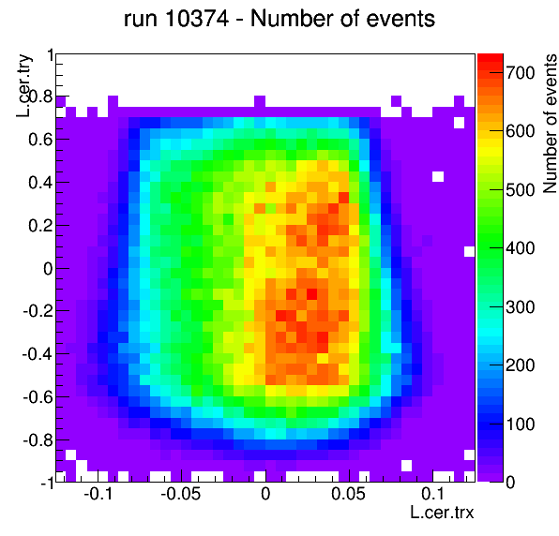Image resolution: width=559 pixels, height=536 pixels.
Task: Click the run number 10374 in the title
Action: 197,19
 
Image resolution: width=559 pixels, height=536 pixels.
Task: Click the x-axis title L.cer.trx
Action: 442,513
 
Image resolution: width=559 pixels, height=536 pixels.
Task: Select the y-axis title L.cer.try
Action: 24,85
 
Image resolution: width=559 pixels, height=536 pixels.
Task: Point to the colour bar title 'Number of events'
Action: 550,124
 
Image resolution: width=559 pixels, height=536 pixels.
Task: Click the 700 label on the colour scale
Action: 521,73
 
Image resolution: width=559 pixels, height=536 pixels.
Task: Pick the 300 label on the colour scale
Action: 521,307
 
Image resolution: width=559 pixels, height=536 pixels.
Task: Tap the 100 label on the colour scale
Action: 521,424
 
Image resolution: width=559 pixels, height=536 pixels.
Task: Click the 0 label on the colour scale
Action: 510,483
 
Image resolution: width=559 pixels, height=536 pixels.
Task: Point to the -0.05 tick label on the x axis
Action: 181,494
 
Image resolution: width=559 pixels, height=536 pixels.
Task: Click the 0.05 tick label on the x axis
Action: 348,494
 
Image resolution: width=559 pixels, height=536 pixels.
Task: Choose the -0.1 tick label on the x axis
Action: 98,494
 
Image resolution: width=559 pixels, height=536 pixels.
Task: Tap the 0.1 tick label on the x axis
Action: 432,494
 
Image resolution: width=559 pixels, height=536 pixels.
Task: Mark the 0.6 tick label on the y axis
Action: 40,140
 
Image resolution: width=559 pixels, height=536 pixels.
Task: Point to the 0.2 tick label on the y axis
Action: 40,226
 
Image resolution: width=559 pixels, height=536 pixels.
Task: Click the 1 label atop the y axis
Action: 51,56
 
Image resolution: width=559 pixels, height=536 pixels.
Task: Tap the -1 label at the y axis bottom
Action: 47,484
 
